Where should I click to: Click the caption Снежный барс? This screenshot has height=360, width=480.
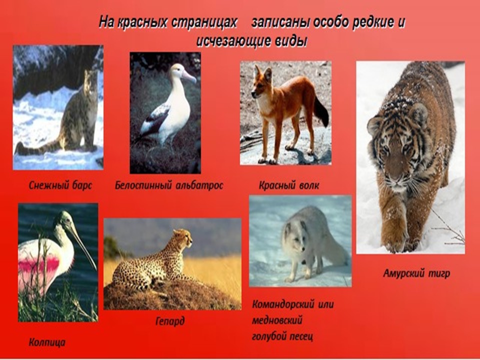coord(60,185)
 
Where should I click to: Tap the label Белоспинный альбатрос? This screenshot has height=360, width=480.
coord(169,185)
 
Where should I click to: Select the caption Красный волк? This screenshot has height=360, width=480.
coord(288,185)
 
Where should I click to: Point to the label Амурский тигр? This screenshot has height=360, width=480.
coord(416,273)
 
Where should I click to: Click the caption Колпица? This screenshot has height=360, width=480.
coord(47,342)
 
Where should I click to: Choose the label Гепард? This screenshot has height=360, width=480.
coord(170,321)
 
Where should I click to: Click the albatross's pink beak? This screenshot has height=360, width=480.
coord(189,76)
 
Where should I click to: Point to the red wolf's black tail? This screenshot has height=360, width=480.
coord(321,111)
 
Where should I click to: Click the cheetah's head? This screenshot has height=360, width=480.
coord(183,238)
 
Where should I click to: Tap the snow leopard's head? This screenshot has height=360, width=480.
coord(91,80)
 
